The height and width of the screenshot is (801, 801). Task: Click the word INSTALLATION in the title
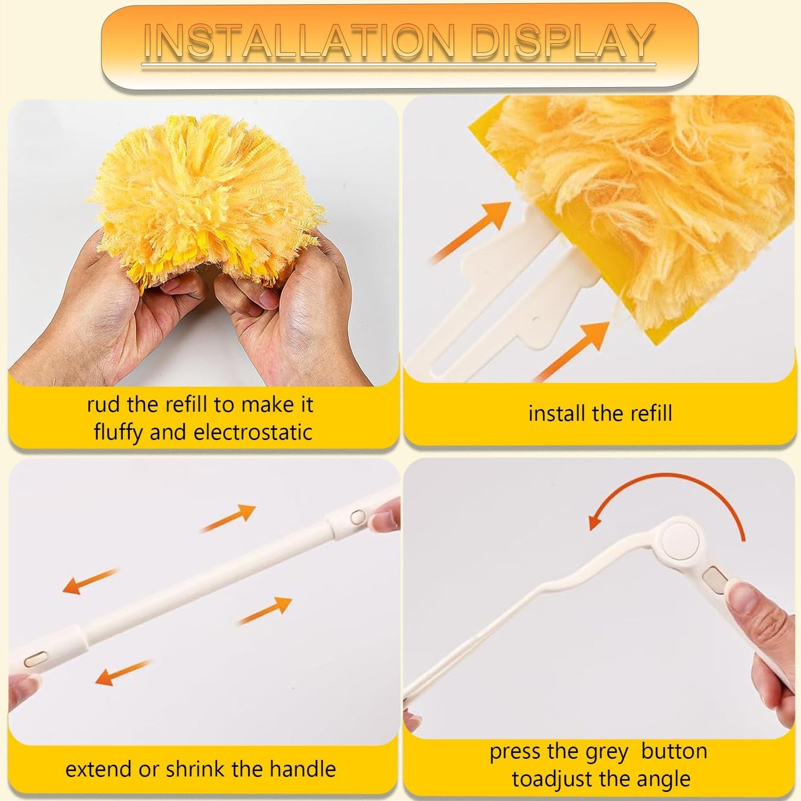[x=299, y=42]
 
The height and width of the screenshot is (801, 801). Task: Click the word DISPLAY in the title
[x=562, y=42]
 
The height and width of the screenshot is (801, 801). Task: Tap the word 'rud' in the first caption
[x=103, y=405]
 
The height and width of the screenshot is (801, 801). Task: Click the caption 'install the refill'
[x=600, y=414]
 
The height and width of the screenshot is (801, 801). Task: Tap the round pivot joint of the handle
[x=680, y=540]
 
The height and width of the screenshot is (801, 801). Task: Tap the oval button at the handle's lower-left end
[x=35, y=659]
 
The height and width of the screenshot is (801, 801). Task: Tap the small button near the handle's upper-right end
[x=358, y=517]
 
